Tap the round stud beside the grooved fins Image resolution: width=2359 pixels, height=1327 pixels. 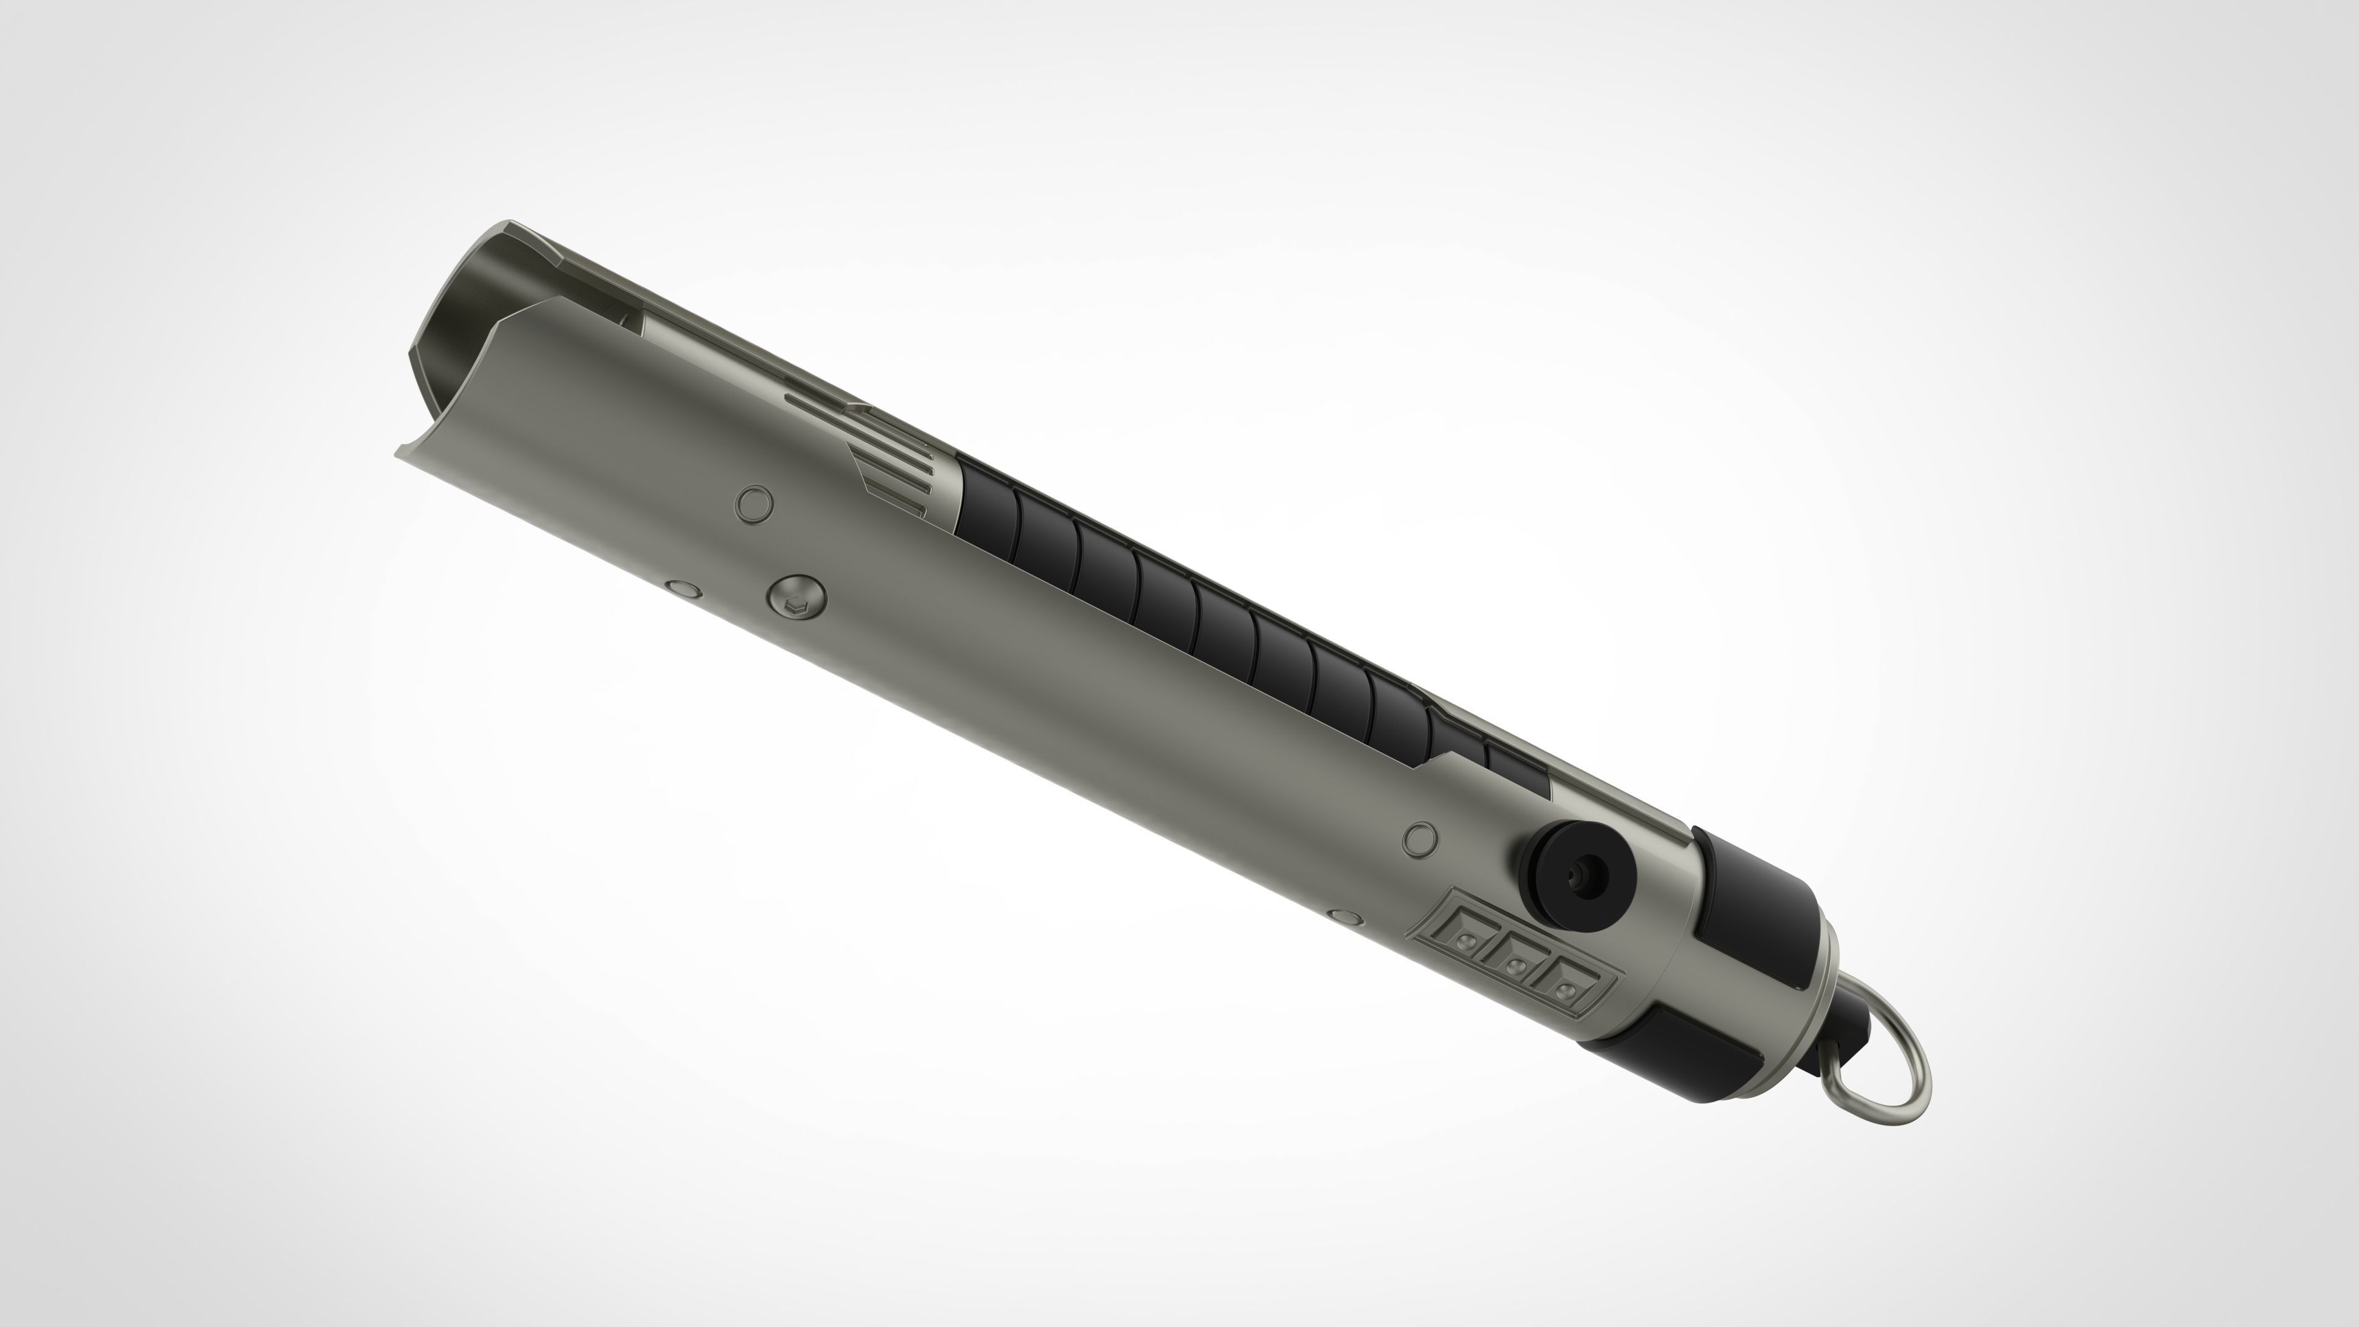(754, 504)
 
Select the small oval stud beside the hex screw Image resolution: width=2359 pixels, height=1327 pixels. (683, 589)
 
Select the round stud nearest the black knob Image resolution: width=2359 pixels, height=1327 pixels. (1420, 838)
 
